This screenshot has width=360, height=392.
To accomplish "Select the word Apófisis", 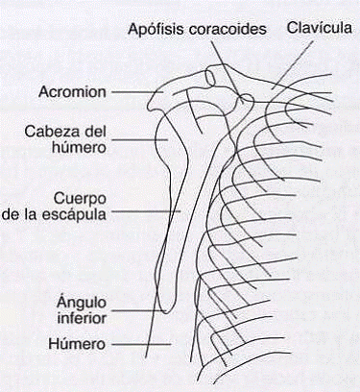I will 158,29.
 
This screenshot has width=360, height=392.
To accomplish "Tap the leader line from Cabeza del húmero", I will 139,141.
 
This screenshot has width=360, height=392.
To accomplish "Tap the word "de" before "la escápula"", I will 15,214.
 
